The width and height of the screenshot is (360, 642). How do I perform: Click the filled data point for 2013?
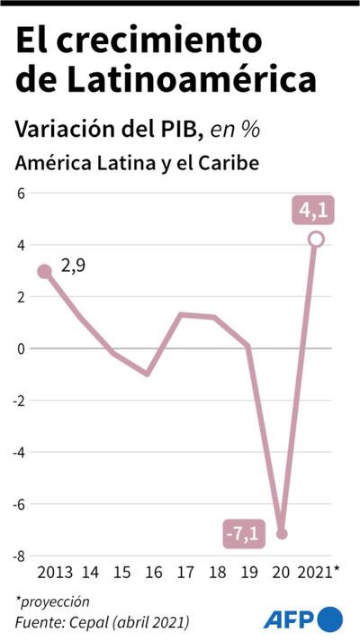(x=45, y=271)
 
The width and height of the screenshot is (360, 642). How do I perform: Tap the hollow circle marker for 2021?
(x=316, y=240)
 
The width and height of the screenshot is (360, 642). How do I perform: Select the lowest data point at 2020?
(x=282, y=534)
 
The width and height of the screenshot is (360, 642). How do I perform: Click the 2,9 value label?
(x=74, y=267)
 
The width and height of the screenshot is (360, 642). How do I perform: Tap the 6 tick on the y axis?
(x=21, y=193)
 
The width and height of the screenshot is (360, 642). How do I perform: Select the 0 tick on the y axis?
(x=21, y=348)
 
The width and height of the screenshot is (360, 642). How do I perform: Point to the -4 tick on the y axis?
(x=18, y=452)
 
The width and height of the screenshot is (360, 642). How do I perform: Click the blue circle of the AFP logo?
(x=330, y=619)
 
